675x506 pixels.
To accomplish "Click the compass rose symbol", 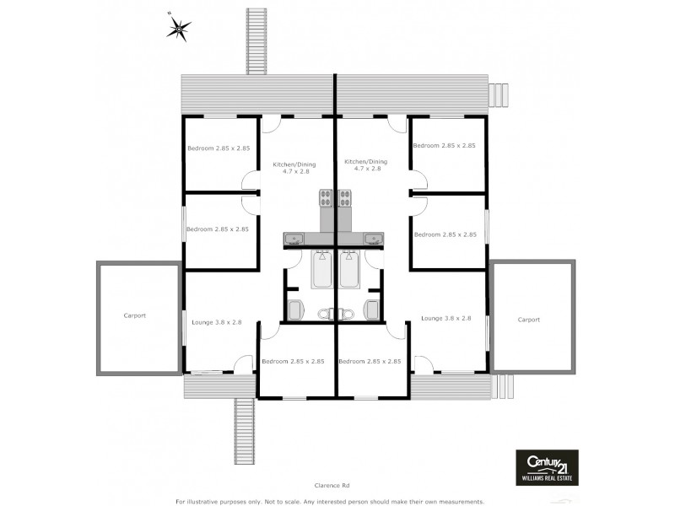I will click(178, 30).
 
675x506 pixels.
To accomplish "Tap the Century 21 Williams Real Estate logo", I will click(547, 466).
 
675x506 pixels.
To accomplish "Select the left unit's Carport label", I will click(134, 315).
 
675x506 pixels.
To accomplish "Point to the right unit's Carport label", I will click(528, 320).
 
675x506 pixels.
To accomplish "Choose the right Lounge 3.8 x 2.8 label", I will click(445, 318).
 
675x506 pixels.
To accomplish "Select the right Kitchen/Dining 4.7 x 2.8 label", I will click(365, 164).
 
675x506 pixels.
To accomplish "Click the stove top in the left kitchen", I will click(327, 199).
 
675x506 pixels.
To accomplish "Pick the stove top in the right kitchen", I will click(345, 199).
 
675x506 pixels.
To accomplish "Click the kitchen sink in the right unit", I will click(372, 239).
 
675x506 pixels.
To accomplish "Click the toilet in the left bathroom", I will click(294, 310).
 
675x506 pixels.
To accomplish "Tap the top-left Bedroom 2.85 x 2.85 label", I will click(219, 148).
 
